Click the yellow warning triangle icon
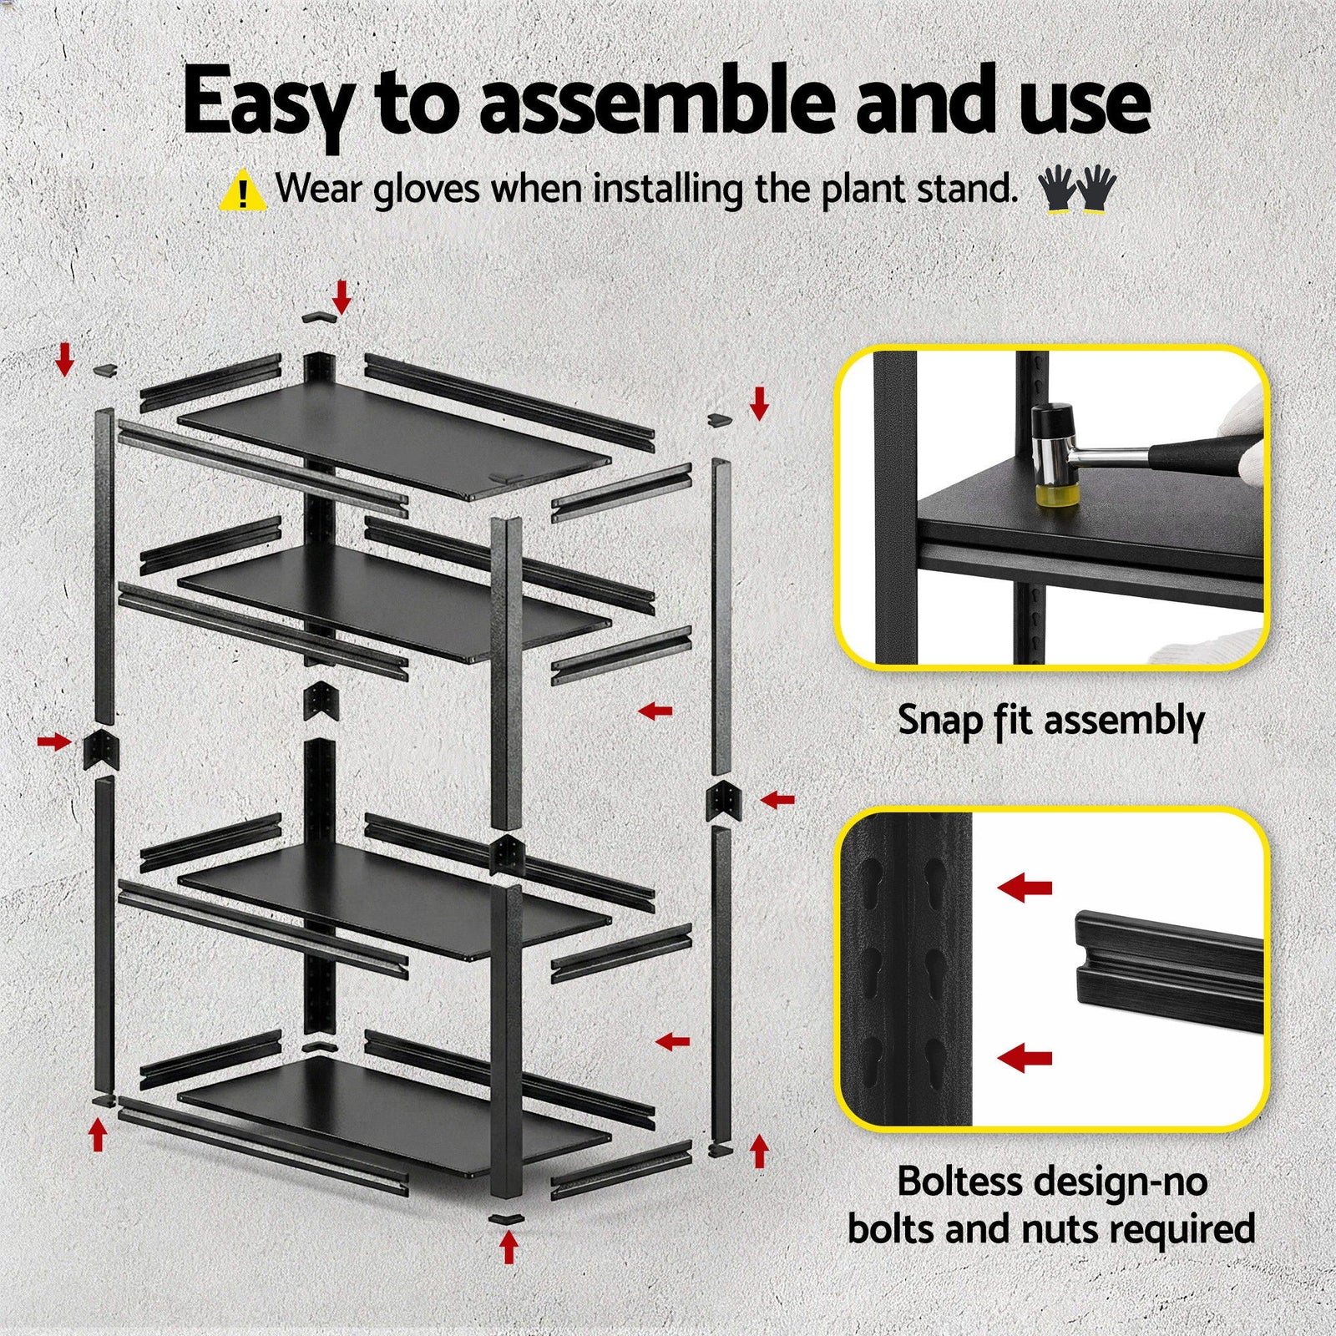point(242,191)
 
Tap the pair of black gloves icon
point(1076,189)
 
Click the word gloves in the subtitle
point(426,190)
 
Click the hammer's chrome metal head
point(1055,452)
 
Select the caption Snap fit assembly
point(1050,720)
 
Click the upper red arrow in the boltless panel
point(1025,888)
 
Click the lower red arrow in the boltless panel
point(1025,1059)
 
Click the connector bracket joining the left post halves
point(101,749)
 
